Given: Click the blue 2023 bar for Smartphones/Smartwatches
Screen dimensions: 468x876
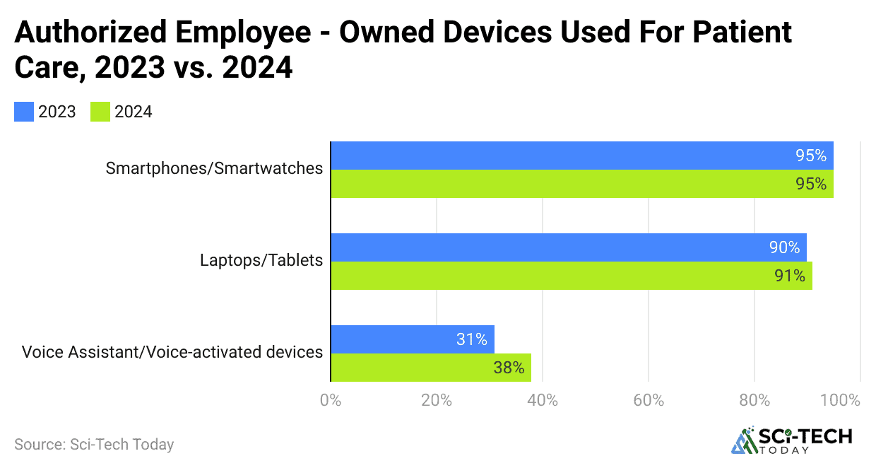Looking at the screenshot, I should pyautogui.click(x=565, y=156).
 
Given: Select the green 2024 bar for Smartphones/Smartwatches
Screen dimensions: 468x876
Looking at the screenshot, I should pyautogui.click(x=565, y=184).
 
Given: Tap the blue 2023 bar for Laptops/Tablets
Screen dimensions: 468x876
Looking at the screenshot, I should pyautogui.click(x=551, y=247).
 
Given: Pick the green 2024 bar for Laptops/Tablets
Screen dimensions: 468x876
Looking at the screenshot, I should pyautogui.click(x=551, y=276).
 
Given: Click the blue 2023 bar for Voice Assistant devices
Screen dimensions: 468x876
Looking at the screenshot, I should pyautogui.click(x=396, y=339).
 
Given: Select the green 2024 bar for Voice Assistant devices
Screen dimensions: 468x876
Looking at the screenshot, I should pyautogui.click(x=417, y=368).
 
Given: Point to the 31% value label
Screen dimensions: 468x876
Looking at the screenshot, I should pyautogui.click(x=471, y=339).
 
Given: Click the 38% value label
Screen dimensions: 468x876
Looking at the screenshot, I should pyautogui.click(x=509, y=368).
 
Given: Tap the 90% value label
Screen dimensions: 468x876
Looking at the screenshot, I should pyautogui.click(x=784, y=248).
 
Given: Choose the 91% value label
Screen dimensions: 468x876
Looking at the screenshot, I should pyautogui.click(x=790, y=276).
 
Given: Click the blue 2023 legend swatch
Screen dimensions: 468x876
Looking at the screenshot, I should pyautogui.click(x=24, y=112).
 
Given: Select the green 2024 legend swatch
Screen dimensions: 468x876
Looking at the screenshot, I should pyautogui.click(x=101, y=112).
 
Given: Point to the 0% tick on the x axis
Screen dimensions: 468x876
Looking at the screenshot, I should pyautogui.click(x=331, y=400).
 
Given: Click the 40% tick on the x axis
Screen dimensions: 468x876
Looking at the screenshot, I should pyautogui.click(x=543, y=400).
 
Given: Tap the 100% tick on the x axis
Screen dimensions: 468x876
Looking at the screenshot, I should pyautogui.click(x=841, y=400).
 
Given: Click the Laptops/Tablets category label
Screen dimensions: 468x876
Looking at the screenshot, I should pyautogui.click(x=261, y=260).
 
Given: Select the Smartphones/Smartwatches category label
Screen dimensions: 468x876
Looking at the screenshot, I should pyautogui.click(x=214, y=168).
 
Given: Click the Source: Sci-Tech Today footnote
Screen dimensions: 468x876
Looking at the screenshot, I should pyautogui.click(x=94, y=445).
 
